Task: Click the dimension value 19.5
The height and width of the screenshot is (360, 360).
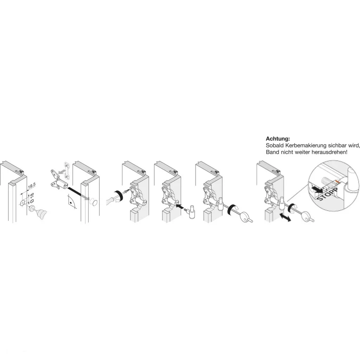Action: click(31, 186)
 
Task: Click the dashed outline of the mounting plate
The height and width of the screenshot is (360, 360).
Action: click(67, 171)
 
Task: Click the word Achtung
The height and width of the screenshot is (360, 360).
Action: click(278, 139)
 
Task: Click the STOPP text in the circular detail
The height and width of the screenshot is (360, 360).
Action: click(327, 188)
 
